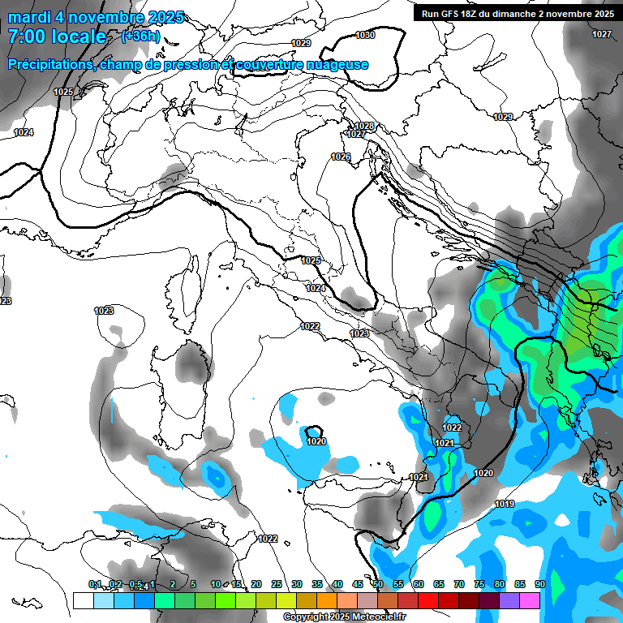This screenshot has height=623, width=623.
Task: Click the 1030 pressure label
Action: click(x=365, y=35)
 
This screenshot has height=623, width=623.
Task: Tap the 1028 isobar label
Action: click(x=364, y=126)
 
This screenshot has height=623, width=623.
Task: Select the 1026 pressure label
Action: click(x=341, y=157)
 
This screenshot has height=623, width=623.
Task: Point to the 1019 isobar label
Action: click(x=505, y=505)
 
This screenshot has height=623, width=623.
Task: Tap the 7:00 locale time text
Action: click(x=57, y=37)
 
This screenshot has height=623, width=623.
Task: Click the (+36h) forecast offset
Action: click(x=141, y=37)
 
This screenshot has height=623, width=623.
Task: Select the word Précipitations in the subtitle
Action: click(x=49, y=65)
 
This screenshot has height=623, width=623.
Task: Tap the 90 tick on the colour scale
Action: click(x=539, y=584)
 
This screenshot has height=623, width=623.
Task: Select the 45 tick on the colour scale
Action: click(x=358, y=584)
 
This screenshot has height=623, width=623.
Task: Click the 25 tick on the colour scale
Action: click(x=277, y=584)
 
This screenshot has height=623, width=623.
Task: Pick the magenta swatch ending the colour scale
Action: click(x=530, y=600)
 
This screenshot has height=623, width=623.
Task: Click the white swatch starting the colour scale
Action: click(x=83, y=600)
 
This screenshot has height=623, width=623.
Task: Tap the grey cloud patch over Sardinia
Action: click(x=192, y=361)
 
